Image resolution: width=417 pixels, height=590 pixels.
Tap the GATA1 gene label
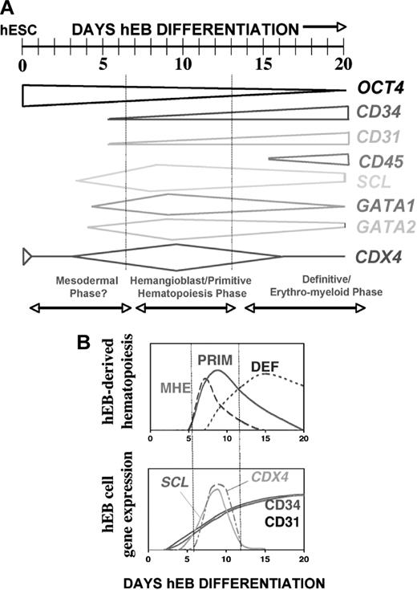[x=379, y=205]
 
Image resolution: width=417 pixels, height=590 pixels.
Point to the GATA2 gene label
[x=380, y=226]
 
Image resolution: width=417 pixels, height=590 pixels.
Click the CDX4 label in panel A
[x=379, y=258]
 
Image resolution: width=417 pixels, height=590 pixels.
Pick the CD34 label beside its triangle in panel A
[x=379, y=114]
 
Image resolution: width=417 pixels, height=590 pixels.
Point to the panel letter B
[x=87, y=341]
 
